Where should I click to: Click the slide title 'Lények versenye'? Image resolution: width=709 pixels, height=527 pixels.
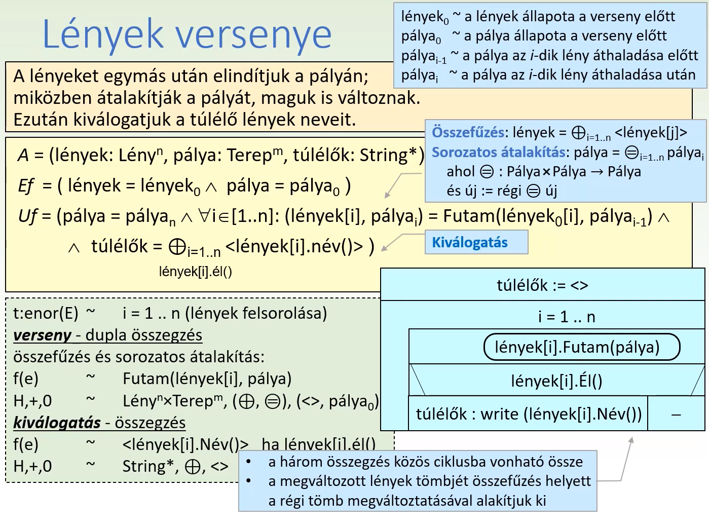pos(187,34)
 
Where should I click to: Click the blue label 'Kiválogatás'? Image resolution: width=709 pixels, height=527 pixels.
pos(470,242)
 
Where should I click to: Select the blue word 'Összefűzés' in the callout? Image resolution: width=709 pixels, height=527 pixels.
pos(468,133)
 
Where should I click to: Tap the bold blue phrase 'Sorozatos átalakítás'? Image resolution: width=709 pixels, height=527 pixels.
pos(499,152)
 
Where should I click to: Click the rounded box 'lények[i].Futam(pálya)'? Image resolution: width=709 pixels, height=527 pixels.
pos(577,347)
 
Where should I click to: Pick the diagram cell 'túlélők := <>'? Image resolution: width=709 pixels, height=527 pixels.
pos(542,285)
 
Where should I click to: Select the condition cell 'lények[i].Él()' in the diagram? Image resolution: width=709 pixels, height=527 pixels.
pos(556,381)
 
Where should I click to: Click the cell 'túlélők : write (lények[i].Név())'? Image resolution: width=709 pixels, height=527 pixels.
pos(529,415)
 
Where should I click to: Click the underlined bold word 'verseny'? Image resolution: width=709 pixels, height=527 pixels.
pos(43,335)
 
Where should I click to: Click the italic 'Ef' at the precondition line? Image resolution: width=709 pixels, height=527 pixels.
pos(26,186)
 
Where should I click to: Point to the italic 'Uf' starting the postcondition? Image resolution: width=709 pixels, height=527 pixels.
pos(27,216)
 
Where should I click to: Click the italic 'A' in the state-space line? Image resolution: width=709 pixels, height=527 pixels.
pos(23,155)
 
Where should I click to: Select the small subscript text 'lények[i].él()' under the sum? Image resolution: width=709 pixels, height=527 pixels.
pos(195,272)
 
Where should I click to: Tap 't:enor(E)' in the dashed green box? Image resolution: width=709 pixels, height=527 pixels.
pos(46,313)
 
